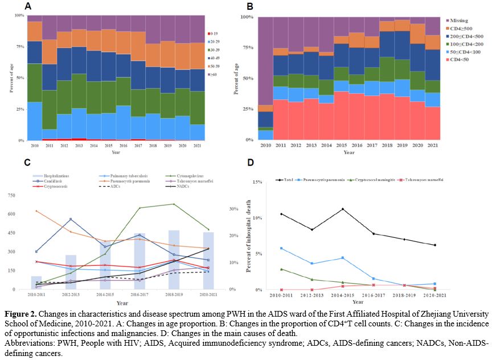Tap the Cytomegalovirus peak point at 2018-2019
click(174, 204)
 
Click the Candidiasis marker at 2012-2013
click(70, 219)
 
